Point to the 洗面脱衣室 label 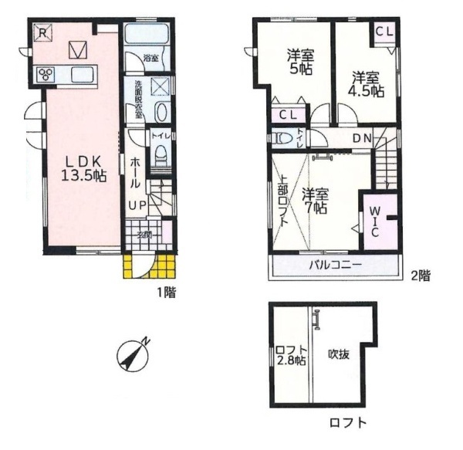tap(139, 99)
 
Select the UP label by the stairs tap(137, 205)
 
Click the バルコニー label tap(336, 266)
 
